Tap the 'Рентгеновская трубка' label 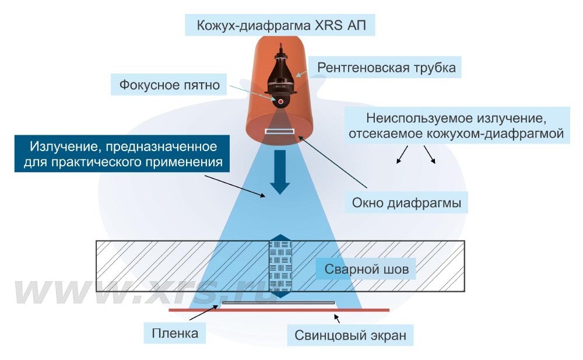tap(386, 67)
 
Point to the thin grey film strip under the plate tap(279, 303)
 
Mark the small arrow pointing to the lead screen tap(336, 319)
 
